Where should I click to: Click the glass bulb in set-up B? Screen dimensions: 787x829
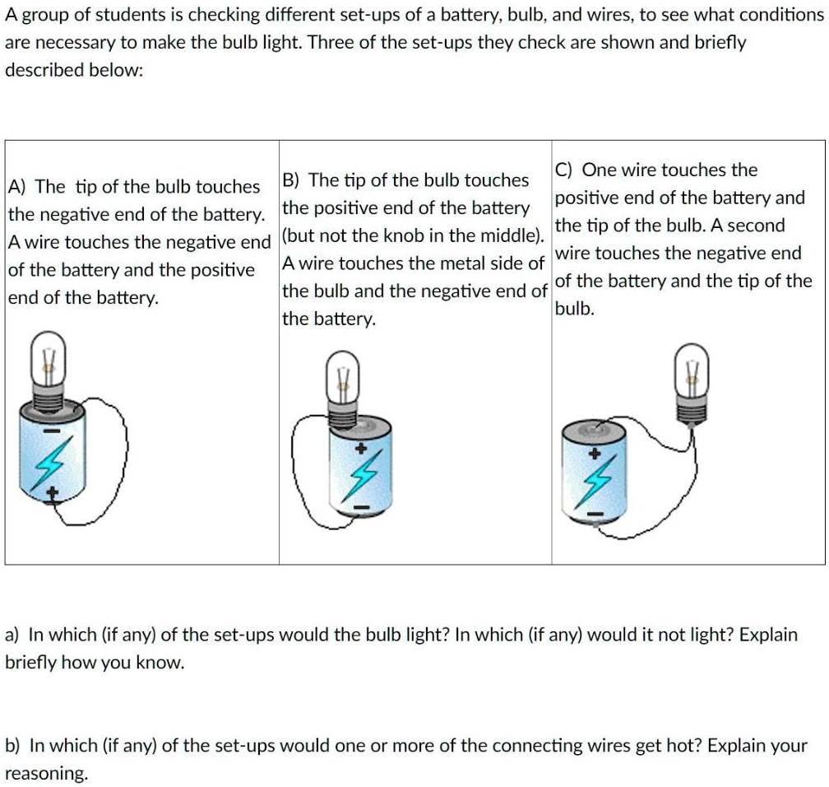(x=343, y=374)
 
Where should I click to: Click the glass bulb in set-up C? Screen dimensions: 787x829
(x=691, y=370)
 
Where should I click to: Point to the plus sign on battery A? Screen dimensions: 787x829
(x=53, y=494)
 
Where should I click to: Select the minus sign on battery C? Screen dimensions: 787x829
(x=599, y=516)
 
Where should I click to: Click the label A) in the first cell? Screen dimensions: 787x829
(x=18, y=187)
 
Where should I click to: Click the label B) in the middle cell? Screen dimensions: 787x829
(x=292, y=180)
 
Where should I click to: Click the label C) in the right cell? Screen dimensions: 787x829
(x=565, y=170)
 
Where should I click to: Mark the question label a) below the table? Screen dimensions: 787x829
(x=13, y=636)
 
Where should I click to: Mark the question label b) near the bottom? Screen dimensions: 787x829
(x=13, y=746)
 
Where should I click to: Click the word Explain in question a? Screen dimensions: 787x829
(x=769, y=636)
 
